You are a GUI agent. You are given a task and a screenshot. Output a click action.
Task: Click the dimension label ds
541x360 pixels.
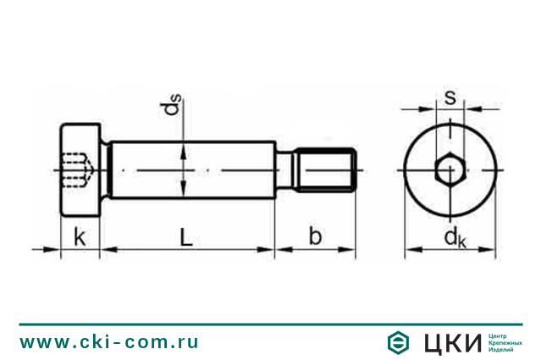[173, 105]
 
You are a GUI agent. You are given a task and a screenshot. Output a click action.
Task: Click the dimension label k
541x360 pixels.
[79, 237]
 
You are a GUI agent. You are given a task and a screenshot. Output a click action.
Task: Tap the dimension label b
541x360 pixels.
[315, 236]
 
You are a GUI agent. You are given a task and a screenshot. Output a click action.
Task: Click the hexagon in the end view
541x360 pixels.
[450, 171]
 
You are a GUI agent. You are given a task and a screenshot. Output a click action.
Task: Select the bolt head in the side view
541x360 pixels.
[80, 170]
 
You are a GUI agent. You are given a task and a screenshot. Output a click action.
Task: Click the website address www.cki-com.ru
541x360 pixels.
[109, 342]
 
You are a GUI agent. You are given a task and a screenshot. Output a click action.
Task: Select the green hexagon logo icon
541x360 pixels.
[396, 342]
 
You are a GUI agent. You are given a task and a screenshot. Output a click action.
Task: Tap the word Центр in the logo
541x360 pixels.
[499, 335]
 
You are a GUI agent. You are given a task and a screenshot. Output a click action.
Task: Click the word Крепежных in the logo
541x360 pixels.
[506, 342]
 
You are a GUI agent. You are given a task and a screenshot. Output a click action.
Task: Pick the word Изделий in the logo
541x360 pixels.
[503, 351]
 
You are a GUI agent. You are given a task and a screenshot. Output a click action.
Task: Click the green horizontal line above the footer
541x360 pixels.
[271, 324]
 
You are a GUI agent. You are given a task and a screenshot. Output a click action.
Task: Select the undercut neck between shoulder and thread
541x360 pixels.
[288, 170]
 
